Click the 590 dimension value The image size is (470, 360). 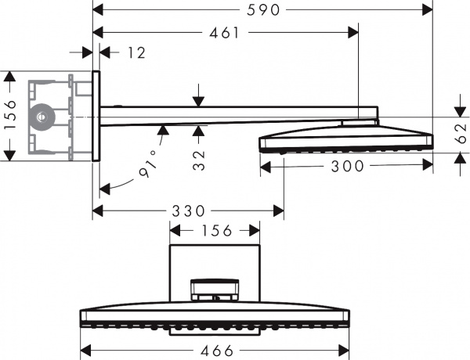point(263,10)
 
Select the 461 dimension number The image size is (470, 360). point(225,33)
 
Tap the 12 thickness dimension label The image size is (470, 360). point(136,52)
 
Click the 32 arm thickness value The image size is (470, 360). point(198,160)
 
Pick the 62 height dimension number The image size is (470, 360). point(461,133)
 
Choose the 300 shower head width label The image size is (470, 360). point(347,166)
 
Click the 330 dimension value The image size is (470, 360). point(188,211)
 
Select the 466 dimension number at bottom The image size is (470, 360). point(216,351)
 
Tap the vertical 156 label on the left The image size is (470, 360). point(10,115)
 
